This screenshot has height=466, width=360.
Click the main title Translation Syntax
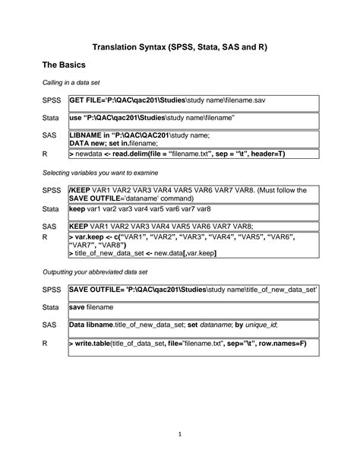click(179, 47)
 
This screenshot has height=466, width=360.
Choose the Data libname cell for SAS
click(173, 325)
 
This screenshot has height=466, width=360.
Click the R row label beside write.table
click(45, 344)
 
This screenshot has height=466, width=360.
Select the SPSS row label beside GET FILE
click(50, 100)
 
